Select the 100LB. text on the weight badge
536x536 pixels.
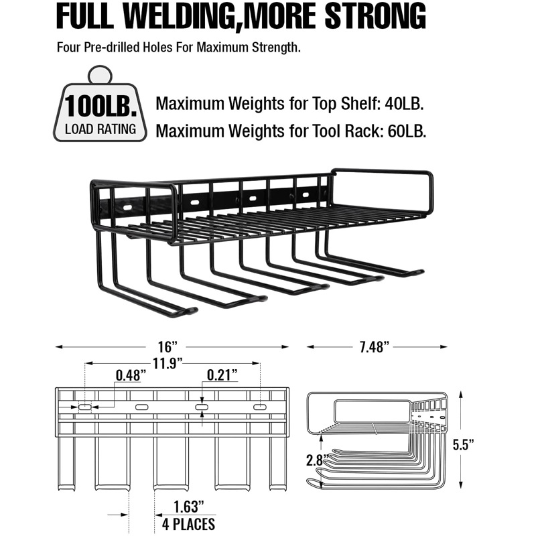tap(99, 106)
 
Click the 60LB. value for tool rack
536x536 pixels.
tap(406, 131)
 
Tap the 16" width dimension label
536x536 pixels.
tap(169, 346)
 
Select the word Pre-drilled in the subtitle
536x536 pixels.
tap(109, 48)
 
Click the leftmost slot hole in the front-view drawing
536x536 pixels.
tap(85, 407)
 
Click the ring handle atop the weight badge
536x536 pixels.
tap(99, 74)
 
